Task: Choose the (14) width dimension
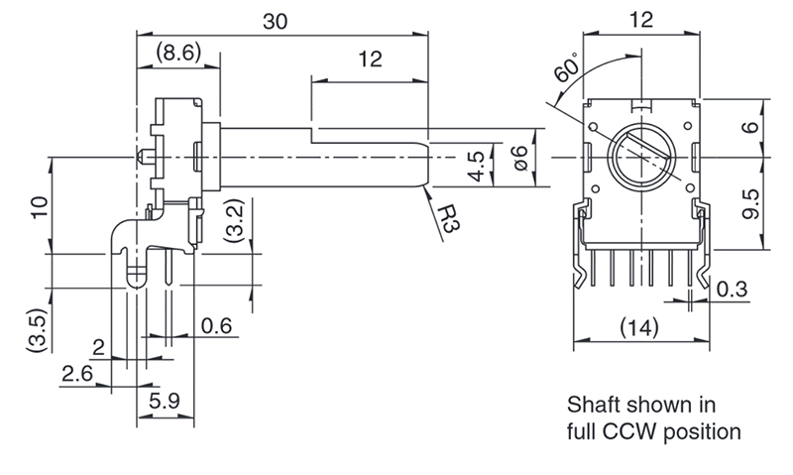639,327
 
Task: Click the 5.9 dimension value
164,402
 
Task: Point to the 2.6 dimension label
76,375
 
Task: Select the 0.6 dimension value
215,325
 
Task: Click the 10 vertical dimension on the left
39,207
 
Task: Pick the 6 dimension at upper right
750,127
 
